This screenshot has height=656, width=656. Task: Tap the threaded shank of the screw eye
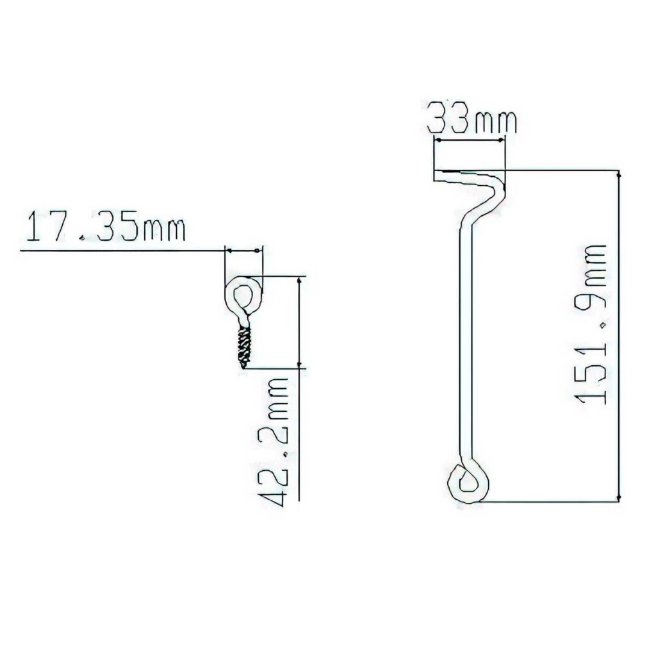click(x=243, y=345)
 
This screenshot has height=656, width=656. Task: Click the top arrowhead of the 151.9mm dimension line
click(x=619, y=174)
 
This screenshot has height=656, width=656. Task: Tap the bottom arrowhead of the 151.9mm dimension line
click(x=619, y=498)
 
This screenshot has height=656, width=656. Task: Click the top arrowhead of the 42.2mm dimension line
click(x=300, y=280)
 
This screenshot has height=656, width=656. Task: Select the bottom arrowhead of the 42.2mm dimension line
click(x=300, y=365)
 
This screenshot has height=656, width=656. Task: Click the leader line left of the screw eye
click(x=122, y=250)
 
